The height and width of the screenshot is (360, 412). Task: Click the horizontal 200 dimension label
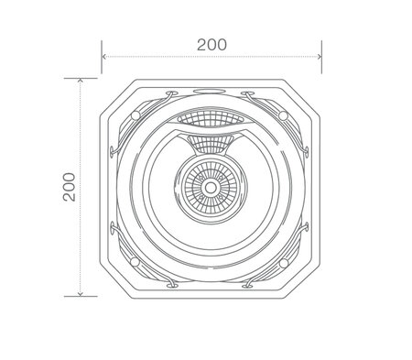[211, 42]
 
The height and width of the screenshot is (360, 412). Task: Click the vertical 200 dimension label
[67, 187]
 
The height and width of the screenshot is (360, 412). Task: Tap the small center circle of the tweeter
[211, 188]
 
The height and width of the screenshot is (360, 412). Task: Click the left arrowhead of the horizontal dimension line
[104, 57]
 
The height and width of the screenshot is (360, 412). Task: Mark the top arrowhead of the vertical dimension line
[81, 82]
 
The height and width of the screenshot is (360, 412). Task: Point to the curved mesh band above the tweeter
[211, 120]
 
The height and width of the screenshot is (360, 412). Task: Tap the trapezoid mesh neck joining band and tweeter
[211, 144]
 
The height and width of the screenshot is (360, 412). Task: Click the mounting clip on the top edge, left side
[169, 94]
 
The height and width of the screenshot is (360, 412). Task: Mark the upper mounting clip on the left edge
[114, 147]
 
